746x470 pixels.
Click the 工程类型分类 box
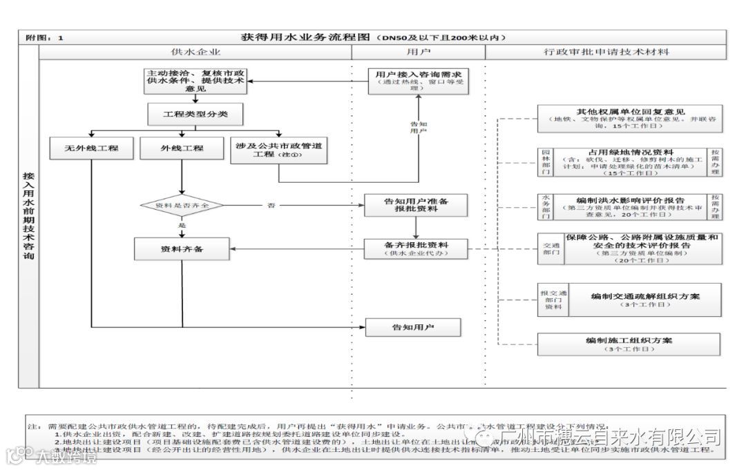195,114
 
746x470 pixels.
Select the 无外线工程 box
92,148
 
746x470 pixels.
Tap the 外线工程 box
182,148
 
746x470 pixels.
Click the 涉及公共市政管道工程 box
278,150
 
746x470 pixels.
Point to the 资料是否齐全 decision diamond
182,206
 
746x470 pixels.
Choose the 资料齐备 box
182,248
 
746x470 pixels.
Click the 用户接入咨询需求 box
419,79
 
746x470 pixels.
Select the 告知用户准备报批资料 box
416,205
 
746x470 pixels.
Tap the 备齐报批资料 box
416,248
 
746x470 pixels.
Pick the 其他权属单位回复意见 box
630,118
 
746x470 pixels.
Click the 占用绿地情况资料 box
631,163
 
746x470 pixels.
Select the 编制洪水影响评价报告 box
631,206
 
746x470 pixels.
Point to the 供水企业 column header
195,52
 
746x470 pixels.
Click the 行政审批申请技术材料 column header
606,52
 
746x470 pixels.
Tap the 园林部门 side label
546,163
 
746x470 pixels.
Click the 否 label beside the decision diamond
271,206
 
